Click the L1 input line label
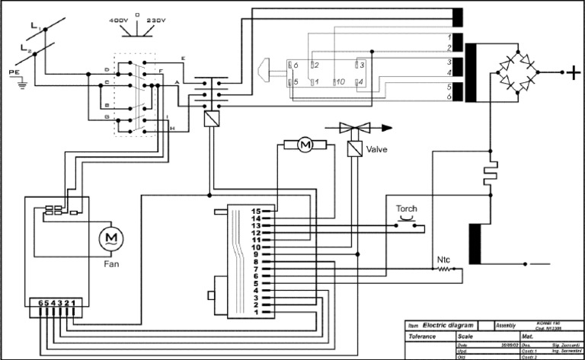click(x=35, y=27)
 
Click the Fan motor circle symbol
click(x=111, y=239)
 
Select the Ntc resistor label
click(x=444, y=260)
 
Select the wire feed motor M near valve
click(x=305, y=143)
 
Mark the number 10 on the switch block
click(x=340, y=81)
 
